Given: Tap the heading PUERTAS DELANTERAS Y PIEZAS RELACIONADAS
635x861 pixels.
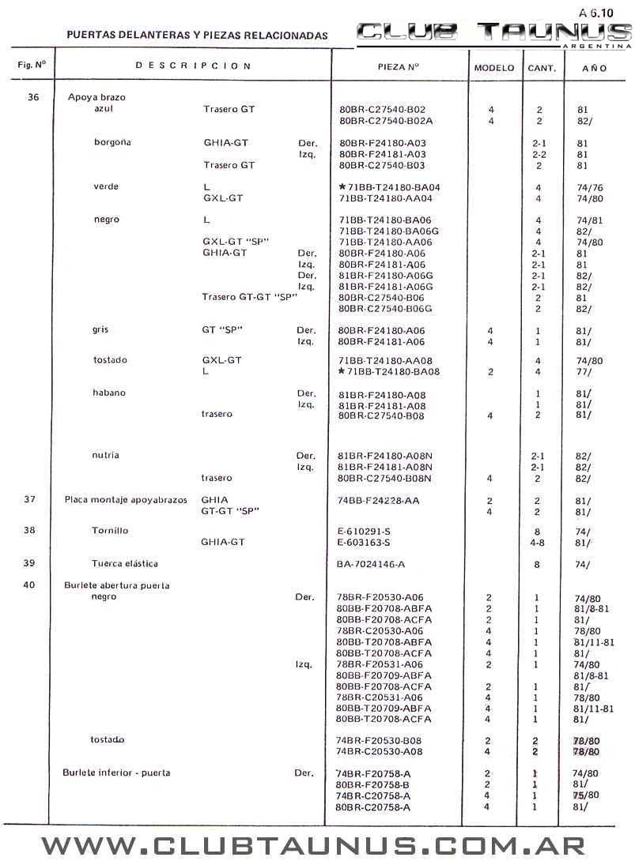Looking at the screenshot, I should click(197, 36).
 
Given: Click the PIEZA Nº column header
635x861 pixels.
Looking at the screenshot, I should click(398, 68).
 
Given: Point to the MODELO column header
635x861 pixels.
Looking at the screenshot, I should click(494, 69).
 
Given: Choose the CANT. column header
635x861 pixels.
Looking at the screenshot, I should click(542, 69).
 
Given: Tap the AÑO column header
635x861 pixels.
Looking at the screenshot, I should click(594, 69).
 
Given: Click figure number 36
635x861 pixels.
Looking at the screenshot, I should click(32, 97).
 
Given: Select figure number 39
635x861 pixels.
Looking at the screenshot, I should click(30, 563).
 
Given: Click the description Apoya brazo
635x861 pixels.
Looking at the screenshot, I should click(96, 97).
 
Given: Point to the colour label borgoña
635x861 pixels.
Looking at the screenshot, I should click(112, 143).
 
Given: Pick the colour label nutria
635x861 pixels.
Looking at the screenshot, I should click(106, 455).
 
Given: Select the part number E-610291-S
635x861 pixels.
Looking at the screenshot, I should click(363, 532).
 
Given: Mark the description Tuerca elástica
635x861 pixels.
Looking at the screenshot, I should click(124, 563).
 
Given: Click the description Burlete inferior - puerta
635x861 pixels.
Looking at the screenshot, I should click(116, 773).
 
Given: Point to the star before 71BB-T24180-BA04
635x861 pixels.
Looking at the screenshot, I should click(342, 187).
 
